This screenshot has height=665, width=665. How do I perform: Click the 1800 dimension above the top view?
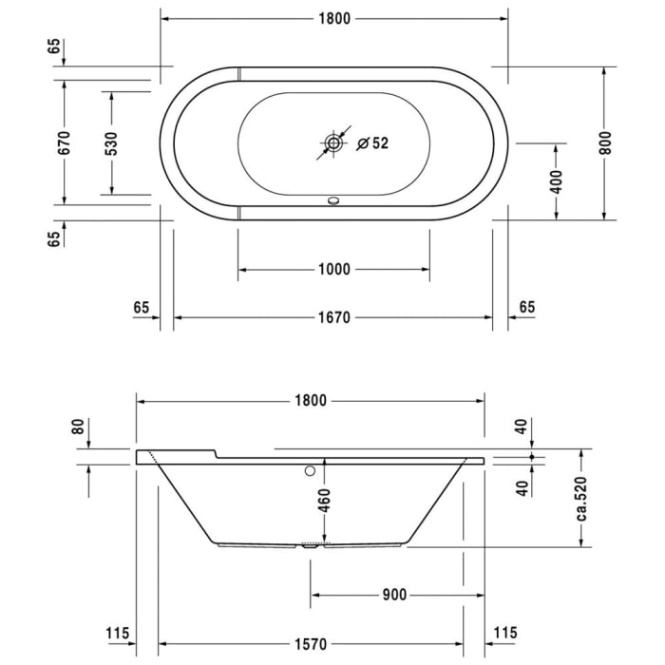click(332, 18)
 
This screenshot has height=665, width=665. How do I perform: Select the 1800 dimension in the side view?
click(310, 401)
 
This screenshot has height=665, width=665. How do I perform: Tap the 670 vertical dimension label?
click(65, 142)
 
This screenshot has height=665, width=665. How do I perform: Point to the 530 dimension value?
click(111, 142)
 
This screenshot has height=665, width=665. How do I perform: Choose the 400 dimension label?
click(556, 180)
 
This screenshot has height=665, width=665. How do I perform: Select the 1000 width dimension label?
click(332, 270)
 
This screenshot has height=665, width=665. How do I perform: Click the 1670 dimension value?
click(332, 318)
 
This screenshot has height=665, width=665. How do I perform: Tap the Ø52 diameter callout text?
click(372, 143)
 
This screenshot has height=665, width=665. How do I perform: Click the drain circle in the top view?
click(333, 143)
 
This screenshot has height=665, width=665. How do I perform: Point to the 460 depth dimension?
click(324, 499)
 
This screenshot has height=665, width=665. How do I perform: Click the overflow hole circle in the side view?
click(310, 470)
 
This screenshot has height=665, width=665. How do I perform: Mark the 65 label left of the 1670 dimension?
click(142, 307)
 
